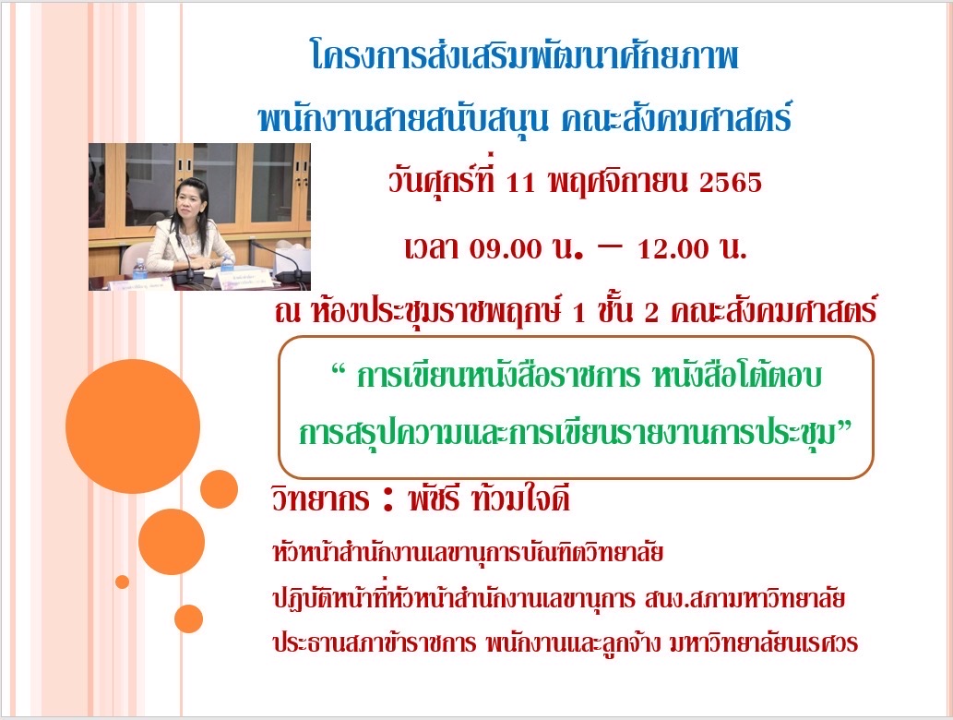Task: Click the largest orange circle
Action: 133,426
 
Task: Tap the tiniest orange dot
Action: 122,582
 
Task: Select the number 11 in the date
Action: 520,183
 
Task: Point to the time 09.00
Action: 505,248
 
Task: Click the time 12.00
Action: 673,248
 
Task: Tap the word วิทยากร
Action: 320,499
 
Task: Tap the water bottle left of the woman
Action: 139,269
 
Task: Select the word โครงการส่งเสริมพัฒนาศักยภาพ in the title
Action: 525,55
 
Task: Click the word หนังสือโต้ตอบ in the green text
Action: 736,375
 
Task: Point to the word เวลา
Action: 432,248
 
